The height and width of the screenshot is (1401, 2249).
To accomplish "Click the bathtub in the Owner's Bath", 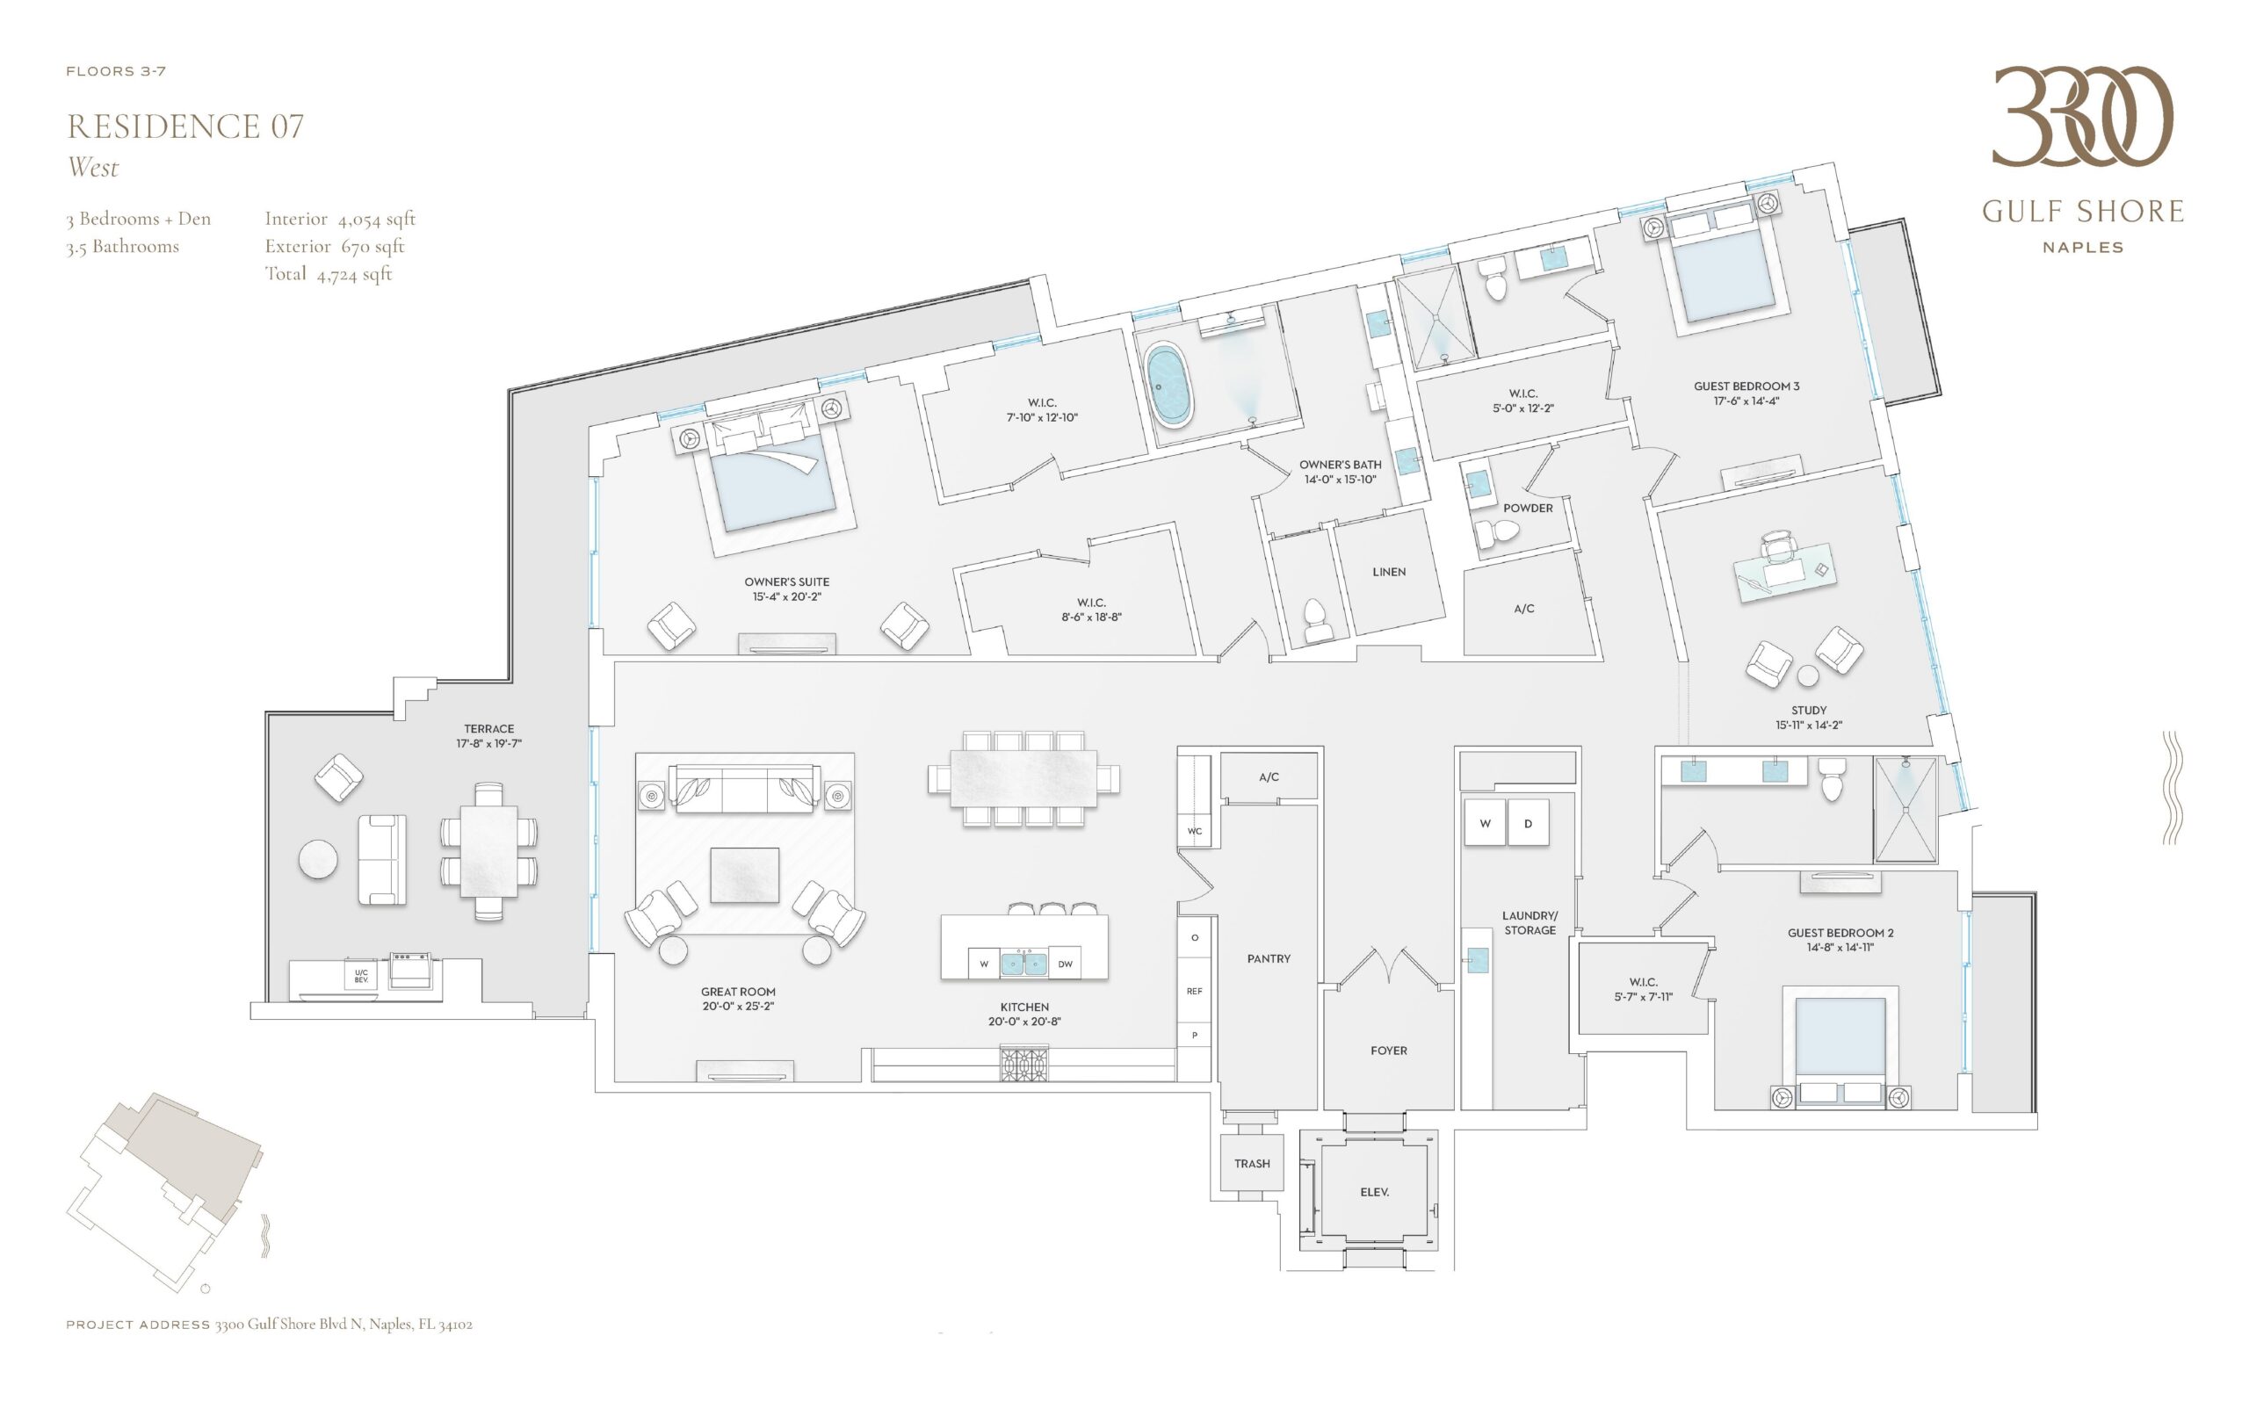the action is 1169,386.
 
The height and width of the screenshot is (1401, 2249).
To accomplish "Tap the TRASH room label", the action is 1252,1164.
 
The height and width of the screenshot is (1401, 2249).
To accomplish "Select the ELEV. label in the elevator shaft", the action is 1374,1193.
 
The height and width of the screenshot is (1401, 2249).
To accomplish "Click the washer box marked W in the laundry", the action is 1486,823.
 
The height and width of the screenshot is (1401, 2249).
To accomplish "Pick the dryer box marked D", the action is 1528,823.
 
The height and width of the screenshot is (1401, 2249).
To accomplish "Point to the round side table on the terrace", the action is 318,859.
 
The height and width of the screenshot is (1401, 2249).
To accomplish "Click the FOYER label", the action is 1388,1051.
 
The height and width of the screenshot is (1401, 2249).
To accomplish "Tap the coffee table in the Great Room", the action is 744,876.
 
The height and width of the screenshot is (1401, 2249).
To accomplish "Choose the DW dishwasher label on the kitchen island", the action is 1065,964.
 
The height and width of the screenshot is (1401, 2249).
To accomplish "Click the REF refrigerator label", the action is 1195,992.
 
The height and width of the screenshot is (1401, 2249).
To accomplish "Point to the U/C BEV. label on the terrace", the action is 360,976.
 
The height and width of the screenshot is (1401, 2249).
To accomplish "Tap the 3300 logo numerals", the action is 2082,118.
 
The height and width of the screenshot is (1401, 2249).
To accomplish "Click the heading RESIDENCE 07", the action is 185,126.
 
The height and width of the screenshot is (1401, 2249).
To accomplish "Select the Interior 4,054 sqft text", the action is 340,219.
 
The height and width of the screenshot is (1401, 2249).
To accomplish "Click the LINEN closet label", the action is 1388,572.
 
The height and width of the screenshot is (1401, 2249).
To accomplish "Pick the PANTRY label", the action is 1268,959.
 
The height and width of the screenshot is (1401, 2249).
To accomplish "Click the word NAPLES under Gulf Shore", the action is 2082,248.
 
